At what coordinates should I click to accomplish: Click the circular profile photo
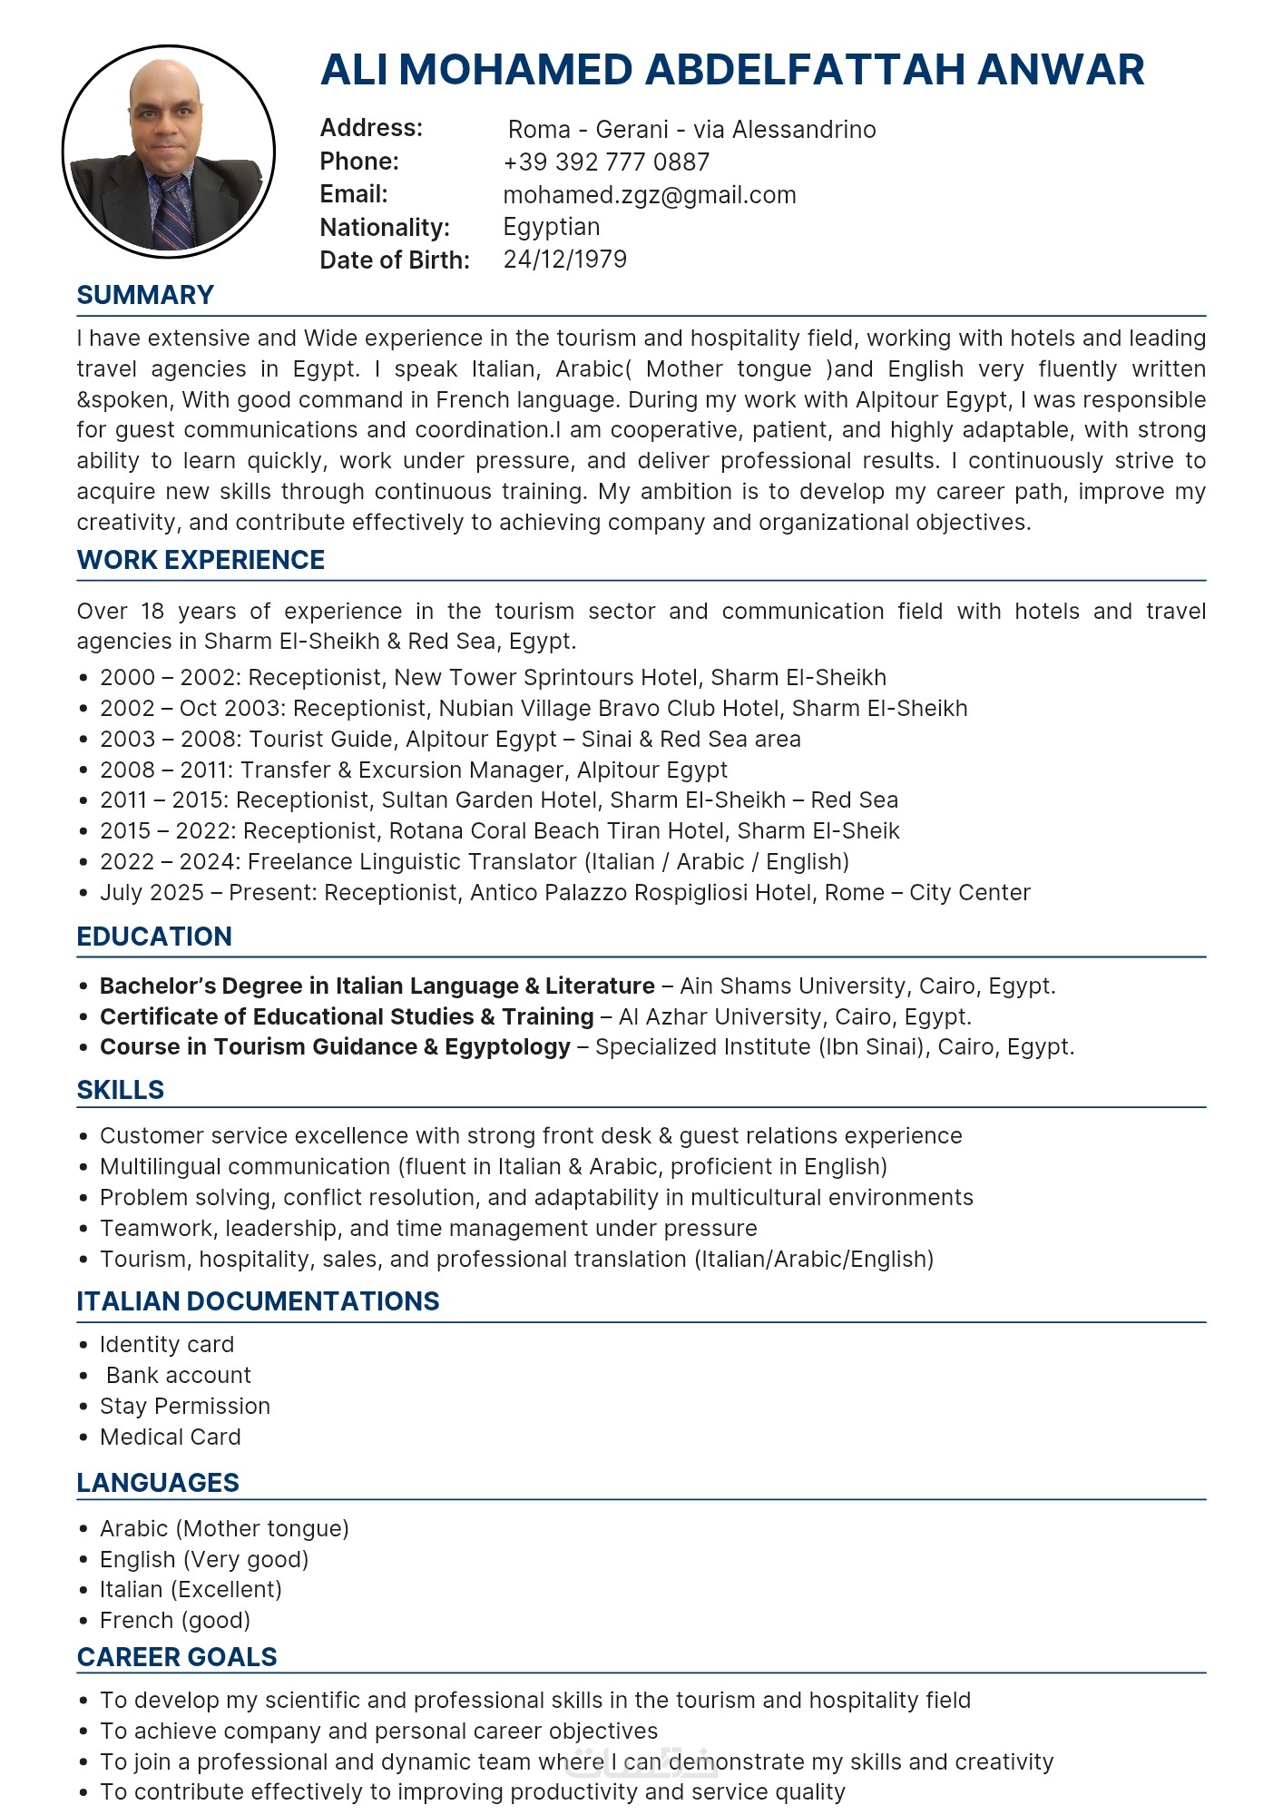(x=169, y=151)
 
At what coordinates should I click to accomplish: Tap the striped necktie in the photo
(x=173, y=212)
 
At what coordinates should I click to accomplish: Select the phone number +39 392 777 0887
(x=606, y=162)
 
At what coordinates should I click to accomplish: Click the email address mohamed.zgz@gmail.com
(x=650, y=195)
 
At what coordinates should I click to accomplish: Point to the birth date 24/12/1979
(x=564, y=260)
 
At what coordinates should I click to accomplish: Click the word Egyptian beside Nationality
(x=552, y=227)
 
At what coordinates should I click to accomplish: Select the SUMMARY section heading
(x=145, y=295)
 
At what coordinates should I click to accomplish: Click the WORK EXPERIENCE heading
(x=201, y=560)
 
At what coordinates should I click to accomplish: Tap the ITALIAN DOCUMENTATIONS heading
(x=258, y=1301)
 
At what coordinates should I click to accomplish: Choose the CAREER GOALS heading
(x=177, y=1657)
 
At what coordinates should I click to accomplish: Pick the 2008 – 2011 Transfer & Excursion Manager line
(x=414, y=770)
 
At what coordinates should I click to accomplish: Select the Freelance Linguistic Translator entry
(x=475, y=861)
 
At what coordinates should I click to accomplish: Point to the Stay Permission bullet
(x=185, y=1406)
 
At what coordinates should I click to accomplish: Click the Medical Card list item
(x=171, y=1437)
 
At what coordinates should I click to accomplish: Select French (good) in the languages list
(x=175, y=1620)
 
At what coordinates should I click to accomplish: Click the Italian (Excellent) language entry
(x=191, y=1589)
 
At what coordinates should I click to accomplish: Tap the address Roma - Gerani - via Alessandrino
(x=691, y=130)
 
